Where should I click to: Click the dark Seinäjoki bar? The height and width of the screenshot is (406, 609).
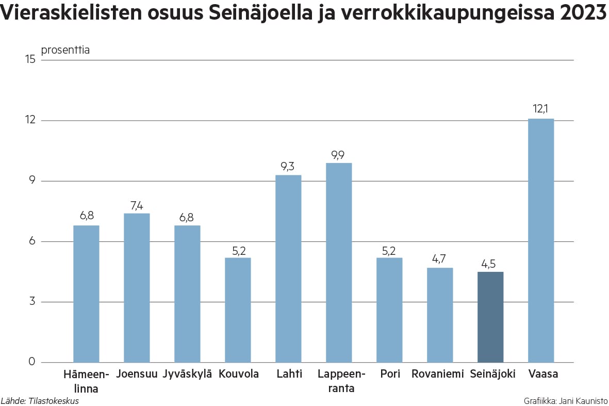point(490,317)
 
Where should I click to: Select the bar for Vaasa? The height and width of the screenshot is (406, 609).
point(541,240)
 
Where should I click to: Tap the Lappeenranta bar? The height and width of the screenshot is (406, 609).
point(339,262)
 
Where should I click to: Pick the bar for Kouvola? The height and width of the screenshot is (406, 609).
point(238,310)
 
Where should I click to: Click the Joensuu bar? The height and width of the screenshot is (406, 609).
point(137,287)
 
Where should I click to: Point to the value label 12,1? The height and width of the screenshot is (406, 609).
point(541,109)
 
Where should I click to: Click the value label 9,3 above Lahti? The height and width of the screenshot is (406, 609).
point(288,166)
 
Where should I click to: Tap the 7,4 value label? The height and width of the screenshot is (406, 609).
point(137,205)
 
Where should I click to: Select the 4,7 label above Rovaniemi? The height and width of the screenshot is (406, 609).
point(440,259)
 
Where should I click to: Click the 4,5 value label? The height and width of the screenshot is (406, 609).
point(490,263)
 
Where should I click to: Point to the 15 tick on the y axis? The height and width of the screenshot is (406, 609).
point(30,59)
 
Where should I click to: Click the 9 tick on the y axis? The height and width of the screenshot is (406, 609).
point(32,181)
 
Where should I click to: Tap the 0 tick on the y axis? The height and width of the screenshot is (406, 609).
point(32,362)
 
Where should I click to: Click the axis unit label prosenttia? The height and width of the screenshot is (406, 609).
point(65,50)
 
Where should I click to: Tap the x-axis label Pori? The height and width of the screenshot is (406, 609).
point(389,374)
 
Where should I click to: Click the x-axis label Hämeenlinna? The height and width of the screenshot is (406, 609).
point(86,381)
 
